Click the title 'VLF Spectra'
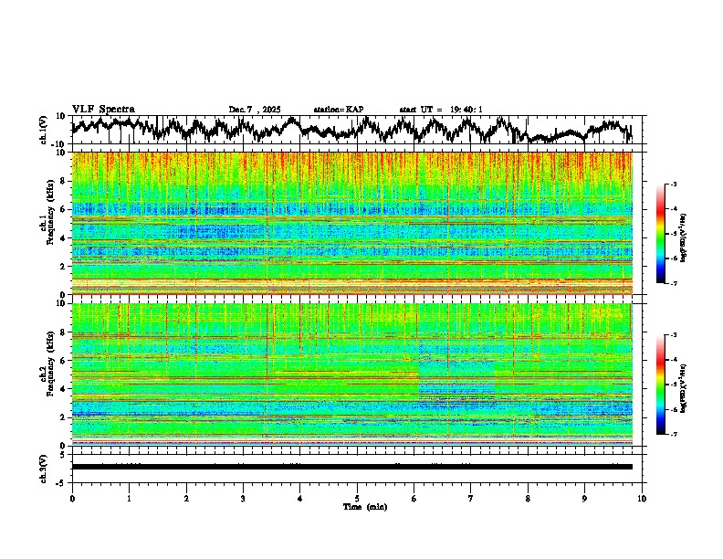(103, 109)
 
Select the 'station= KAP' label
(338, 110)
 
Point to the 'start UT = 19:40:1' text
(441, 110)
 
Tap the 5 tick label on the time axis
(357, 498)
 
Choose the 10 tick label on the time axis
(642, 498)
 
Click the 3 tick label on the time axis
(243, 498)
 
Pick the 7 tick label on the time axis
(471, 498)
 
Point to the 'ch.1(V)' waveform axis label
(44, 130)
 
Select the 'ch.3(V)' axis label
(44, 467)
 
